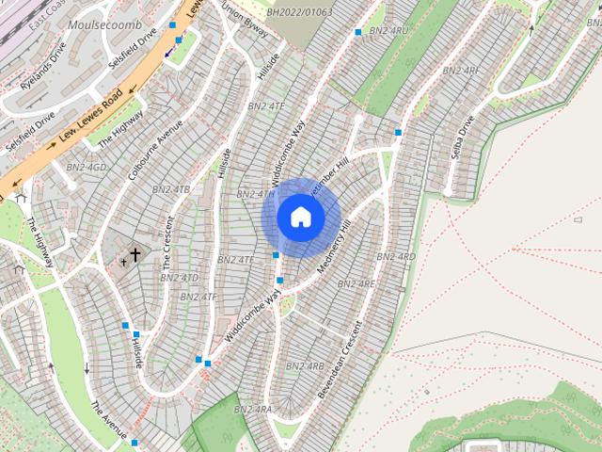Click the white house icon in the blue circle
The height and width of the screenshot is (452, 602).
coord(301,218)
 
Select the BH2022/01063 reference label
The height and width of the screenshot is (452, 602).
coord(299,13)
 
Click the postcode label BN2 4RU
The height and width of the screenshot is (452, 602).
coord(387,31)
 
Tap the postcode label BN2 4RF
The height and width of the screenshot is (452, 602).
coord(460,71)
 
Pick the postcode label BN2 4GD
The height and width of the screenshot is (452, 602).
coord(87,168)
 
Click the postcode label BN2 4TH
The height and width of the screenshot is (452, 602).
coord(255,194)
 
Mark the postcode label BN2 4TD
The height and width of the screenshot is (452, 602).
coord(179,278)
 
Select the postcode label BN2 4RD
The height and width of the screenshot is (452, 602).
coord(395,257)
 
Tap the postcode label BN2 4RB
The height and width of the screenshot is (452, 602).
coord(304,366)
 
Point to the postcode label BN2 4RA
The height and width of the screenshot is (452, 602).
coord(252,410)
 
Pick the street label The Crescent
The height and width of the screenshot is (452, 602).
coord(167,243)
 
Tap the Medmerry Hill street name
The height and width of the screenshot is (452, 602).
coord(333,248)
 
